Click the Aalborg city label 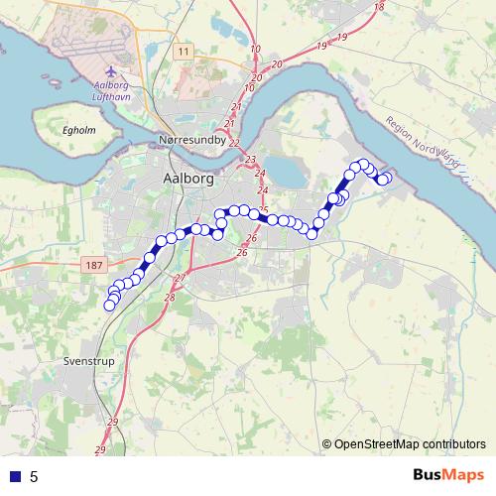(x=185, y=179)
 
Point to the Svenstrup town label (x=88, y=361)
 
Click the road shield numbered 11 (x=182, y=51)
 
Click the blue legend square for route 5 (x=15, y=476)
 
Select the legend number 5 (x=34, y=476)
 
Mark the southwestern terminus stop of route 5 (x=110, y=306)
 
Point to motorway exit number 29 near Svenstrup (x=112, y=422)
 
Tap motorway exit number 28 (x=170, y=298)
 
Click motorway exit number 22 (x=234, y=142)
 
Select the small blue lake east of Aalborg (x=287, y=175)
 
